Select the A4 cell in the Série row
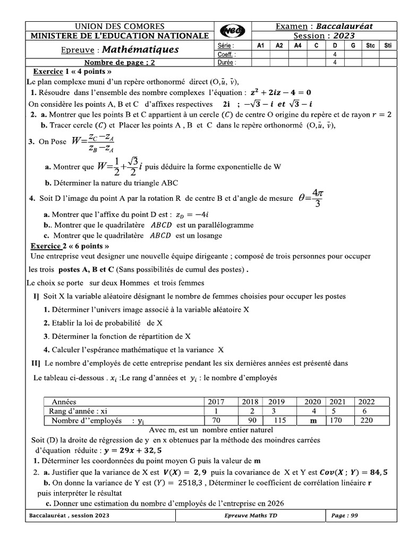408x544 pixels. pos(297,46)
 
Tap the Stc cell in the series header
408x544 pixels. pos(370,46)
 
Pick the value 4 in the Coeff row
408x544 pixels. pos(335,54)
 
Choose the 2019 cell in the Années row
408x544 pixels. pos(277,402)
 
